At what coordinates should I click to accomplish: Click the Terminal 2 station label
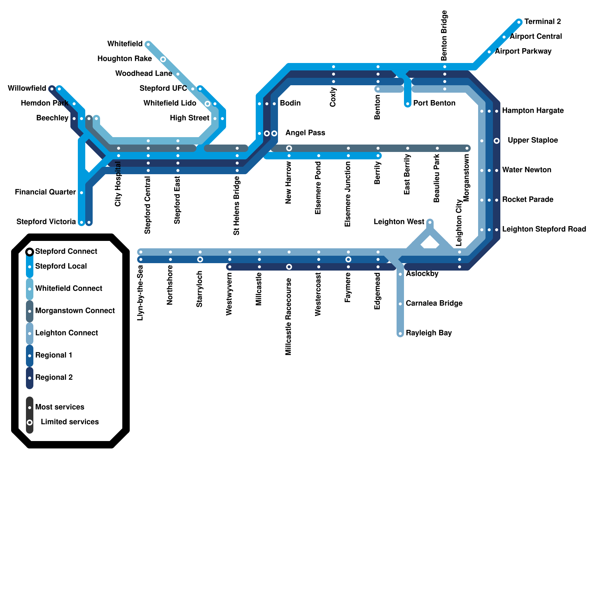(x=543, y=22)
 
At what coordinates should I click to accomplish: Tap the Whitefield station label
(x=125, y=44)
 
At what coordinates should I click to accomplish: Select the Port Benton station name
(x=434, y=103)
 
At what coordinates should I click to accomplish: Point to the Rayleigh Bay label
(x=429, y=333)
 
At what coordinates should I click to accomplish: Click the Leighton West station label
(x=399, y=222)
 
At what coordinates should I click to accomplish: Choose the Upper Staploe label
(x=533, y=140)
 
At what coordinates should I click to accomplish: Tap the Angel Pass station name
(x=305, y=133)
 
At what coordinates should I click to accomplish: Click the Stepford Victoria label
(x=46, y=222)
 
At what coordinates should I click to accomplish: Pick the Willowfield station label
(x=27, y=89)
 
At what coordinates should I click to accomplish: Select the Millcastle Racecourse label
(x=289, y=317)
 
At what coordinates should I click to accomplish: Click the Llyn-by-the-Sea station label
(x=140, y=293)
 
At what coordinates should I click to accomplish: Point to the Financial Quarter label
(x=45, y=192)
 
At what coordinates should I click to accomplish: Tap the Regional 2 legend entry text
(x=54, y=378)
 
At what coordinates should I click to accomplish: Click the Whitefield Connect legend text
(x=69, y=289)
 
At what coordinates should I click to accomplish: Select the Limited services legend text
(x=70, y=422)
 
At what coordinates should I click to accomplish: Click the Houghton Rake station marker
(x=163, y=59)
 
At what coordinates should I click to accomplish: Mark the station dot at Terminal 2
(x=519, y=22)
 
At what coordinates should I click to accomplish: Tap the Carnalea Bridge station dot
(x=400, y=304)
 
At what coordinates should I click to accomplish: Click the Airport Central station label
(x=536, y=37)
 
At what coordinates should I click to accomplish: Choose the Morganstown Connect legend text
(x=75, y=311)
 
